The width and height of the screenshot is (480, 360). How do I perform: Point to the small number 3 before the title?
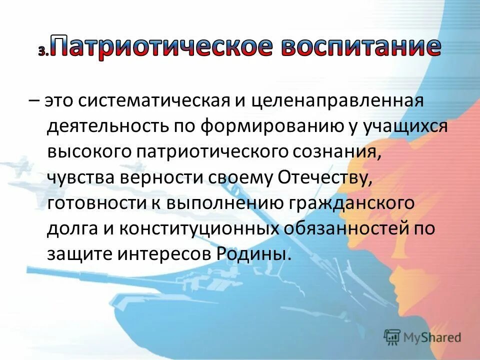pyautogui.click(x=41, y=51)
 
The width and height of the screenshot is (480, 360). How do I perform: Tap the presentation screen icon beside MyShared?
pyautogui.click(x=392, y=336)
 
